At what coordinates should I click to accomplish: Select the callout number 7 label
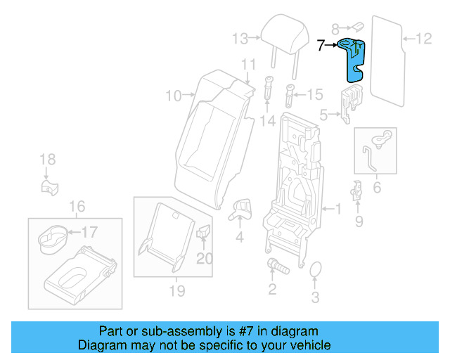(x=321, y=46)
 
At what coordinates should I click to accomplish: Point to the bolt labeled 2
(x=276, y=266)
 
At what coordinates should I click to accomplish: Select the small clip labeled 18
(x=49, y=186)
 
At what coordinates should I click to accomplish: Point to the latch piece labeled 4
(x=242, y=207)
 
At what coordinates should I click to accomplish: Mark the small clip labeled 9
(x=357, y=191)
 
